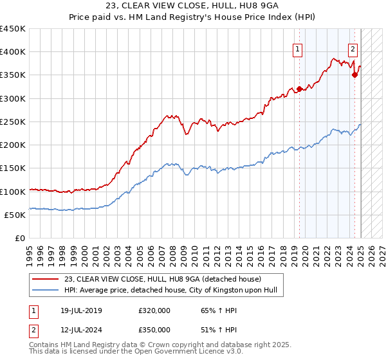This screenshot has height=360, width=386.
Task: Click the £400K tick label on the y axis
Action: coord(13,52)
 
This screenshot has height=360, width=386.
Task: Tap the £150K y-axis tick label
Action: coord(13,168)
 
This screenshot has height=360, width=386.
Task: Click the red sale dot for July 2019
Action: coord(299,89)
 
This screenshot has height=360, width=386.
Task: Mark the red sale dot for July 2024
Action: coord(354,75)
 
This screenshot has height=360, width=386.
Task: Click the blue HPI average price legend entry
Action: coord(161,290)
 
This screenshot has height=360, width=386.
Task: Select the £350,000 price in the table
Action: coord(154,329)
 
